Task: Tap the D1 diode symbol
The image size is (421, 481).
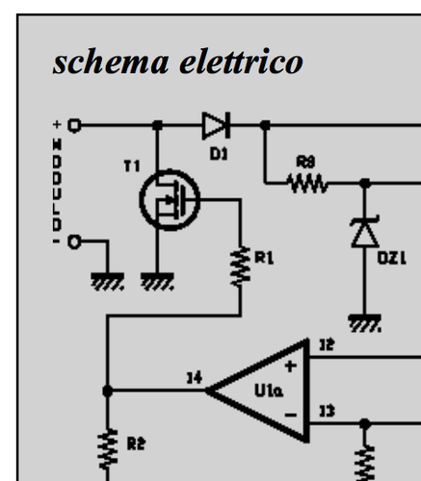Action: tap(215, 124)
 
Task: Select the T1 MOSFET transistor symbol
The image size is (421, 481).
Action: tap(168, 201)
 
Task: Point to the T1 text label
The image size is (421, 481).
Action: tap(131, 166)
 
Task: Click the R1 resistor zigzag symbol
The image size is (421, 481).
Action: tap(239, 265)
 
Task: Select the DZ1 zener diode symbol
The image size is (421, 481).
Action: tap(363, 234)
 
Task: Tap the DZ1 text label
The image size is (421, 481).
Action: tap(387, 258)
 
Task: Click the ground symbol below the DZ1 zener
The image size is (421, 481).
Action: tap(363, 322)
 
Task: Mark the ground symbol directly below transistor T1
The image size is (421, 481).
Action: tap(156, 281)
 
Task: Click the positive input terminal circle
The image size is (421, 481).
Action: tap(74, 124)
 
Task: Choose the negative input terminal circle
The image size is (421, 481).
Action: tap(74, 242)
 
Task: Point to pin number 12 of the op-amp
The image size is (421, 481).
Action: tap(327, 344)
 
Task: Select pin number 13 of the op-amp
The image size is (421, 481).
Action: tap(327, 412)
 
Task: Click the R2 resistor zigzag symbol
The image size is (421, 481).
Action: tap(107, 445)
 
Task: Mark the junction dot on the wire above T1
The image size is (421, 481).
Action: tap(157, 124)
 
